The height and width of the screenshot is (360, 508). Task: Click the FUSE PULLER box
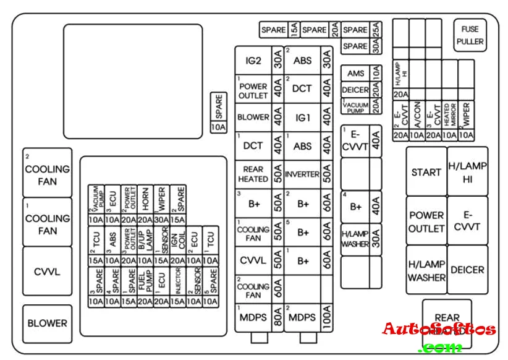[x=470, y=35]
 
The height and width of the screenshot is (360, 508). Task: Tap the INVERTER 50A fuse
[x=308, y=174]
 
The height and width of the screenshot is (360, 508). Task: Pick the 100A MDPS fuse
[x=308, y=317]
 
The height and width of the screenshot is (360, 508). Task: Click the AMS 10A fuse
[x=362, y=73]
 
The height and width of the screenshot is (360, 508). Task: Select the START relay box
[x=426, y=172]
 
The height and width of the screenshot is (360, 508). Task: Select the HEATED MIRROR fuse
[x=449, y=118]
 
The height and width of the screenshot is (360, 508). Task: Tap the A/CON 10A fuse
[x=417, y=118]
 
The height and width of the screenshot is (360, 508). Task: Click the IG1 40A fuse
[x=308, y=118]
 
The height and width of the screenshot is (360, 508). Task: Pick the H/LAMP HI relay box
[x=467, y=172]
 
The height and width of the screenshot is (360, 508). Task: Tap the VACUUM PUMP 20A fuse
[x=362, y=106]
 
